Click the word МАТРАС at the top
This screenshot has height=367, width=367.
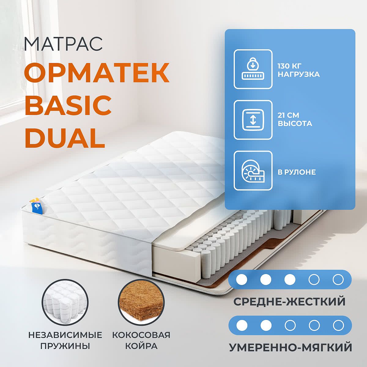point(63,44)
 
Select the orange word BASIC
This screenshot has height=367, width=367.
point(68,106)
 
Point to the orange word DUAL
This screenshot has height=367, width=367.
point(65,138)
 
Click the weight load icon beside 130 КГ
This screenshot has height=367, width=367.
point(253,69)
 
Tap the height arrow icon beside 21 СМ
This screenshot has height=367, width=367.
point(253,120)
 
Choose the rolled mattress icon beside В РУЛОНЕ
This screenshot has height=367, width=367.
point(253,171)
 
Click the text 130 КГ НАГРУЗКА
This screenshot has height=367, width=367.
point(298,70)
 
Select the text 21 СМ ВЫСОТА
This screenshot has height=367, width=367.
point(295,119)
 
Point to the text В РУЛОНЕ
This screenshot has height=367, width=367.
point(297,172)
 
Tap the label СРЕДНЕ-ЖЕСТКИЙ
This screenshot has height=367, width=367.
point(289,301)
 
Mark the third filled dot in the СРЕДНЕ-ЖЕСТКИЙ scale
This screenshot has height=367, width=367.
point(290,280)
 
